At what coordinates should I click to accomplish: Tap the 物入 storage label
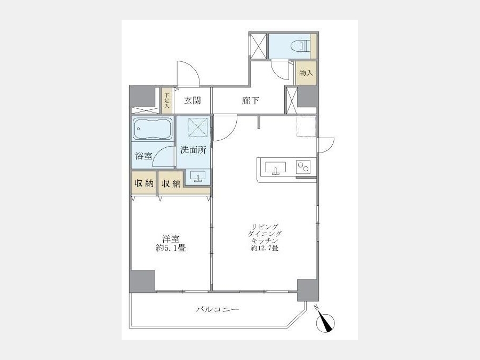click(x=306, y=73)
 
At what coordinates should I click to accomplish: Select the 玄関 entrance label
click(x=193, y=100)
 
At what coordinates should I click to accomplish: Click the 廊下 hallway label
click(x=251, y=100)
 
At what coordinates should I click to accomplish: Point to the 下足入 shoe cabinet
click(x=167, y=101)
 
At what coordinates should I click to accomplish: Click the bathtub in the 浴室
click(x=153, y=129)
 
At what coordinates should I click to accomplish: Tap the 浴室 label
click(x=143, y=156)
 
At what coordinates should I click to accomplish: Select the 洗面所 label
click(x=193, y=150)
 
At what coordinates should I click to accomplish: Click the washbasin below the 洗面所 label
click(x=198, y=177)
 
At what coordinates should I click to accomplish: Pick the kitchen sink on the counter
click(x=276, y=168)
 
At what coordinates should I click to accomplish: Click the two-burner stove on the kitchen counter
click(x=303, y=167)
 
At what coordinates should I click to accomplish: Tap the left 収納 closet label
click(x=144, y=183)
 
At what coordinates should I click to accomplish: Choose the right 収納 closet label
click(x=171, y=183)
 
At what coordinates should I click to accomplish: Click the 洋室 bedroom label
click(x=171, y=239)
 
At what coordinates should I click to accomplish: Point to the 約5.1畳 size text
click(x=171, y=248)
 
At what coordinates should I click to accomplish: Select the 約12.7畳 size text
click(x=265, y=248)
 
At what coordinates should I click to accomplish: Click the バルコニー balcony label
click(x=218, y=309)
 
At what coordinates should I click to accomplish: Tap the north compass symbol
click(x=325, y=321)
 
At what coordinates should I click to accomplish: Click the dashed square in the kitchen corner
click(x=306, y=126)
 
